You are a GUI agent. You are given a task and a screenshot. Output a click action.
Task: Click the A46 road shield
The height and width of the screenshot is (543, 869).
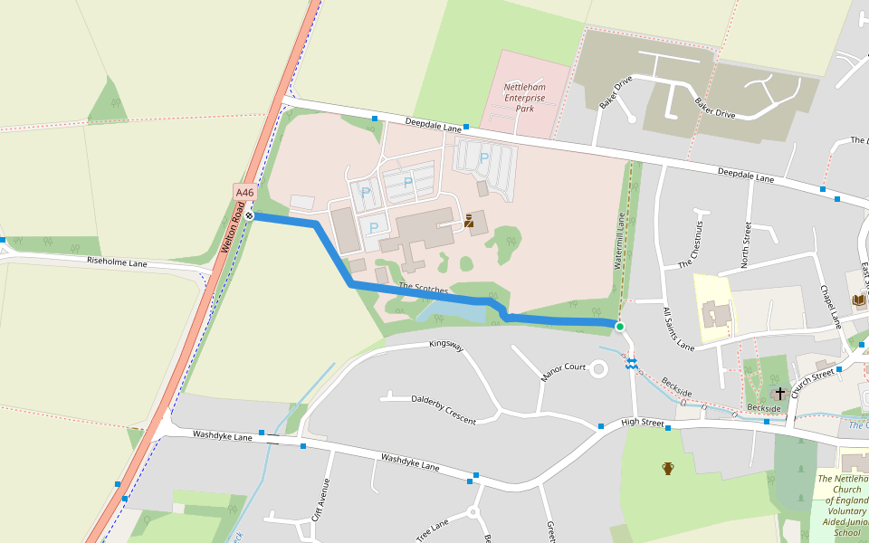[245, 193]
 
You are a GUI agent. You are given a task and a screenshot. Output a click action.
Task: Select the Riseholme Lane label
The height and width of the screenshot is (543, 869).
[117, 262]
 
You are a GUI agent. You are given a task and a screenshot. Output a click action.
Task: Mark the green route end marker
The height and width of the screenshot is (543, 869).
[619, 326]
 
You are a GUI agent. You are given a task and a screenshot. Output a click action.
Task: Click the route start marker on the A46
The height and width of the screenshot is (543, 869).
[249, 215]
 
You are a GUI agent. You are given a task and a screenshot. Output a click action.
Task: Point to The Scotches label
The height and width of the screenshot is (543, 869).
[424, 288]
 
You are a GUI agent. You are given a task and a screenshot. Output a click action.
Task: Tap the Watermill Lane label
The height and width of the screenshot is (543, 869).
[620, 242]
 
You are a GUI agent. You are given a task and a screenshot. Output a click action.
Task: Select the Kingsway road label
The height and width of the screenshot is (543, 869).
[446, 345]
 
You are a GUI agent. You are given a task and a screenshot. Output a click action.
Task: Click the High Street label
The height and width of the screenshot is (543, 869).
[643, 423]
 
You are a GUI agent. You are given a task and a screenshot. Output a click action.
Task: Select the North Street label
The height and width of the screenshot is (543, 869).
[747, 244]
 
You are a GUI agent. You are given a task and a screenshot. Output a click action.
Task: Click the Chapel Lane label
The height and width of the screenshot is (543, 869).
[831, 307]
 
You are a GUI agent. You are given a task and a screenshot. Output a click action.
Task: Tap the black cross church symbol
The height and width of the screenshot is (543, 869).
[780, 394]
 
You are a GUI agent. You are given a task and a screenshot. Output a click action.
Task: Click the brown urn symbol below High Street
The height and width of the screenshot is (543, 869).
[668, 468]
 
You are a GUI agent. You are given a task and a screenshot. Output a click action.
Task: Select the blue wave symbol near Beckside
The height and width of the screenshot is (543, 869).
[631, 363]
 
